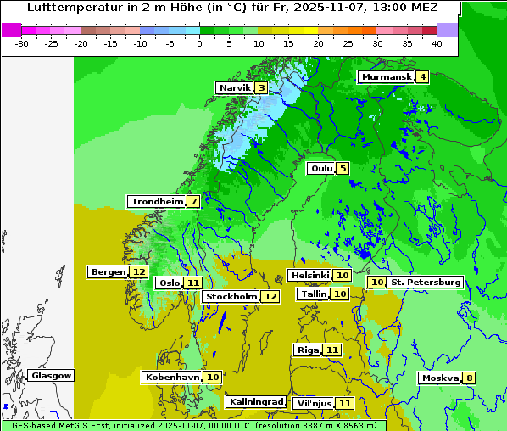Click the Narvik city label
coord(235,88)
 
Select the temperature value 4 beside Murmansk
coord(422,77)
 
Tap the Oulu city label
coord(321,168)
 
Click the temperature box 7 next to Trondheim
coord(194,202)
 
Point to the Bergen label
coord(107,272)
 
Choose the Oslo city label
coord(170,283)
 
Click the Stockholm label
coord(231,296)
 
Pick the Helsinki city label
coord(309,276)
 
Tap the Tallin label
coord(314,294)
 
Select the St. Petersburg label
coord(426,282)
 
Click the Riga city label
coord(308,350)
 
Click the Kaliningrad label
coord(255,401)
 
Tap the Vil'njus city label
coord(313,403)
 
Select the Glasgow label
coord(52,375)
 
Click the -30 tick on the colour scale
coord(22,42)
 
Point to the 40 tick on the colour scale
coord(436,42)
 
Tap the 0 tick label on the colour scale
coord(199,42)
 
